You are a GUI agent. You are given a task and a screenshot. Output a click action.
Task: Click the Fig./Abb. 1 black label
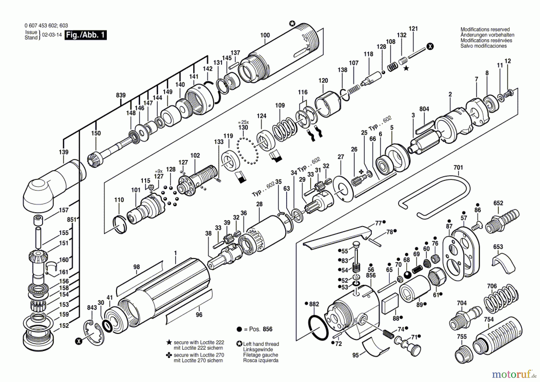click(85, 35)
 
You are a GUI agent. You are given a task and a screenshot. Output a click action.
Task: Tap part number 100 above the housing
click(265, 35)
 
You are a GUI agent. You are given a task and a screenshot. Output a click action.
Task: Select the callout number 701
click(458, 167)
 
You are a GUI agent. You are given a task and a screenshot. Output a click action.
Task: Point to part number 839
click(121, 95)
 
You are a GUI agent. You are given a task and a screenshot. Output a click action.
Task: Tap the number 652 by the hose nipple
click(498, 203)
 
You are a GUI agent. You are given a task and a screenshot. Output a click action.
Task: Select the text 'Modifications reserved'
click(485, 29)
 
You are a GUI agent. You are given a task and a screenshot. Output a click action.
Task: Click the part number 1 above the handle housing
click(175, 253)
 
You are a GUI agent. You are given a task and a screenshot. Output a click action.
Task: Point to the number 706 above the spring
click(492, 286)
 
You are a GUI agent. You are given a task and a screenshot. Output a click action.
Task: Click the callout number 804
click(424, 109)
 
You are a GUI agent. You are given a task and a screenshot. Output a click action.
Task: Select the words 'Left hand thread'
click(261, 344)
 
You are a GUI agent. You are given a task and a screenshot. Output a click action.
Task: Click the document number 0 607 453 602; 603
click(46, 26)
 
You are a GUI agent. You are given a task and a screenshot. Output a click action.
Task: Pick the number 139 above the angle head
click(64, 152)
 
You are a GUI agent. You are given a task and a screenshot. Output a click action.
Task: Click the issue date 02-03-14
click(52, 35)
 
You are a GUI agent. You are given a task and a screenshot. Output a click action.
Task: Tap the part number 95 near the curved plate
click(355, 355)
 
